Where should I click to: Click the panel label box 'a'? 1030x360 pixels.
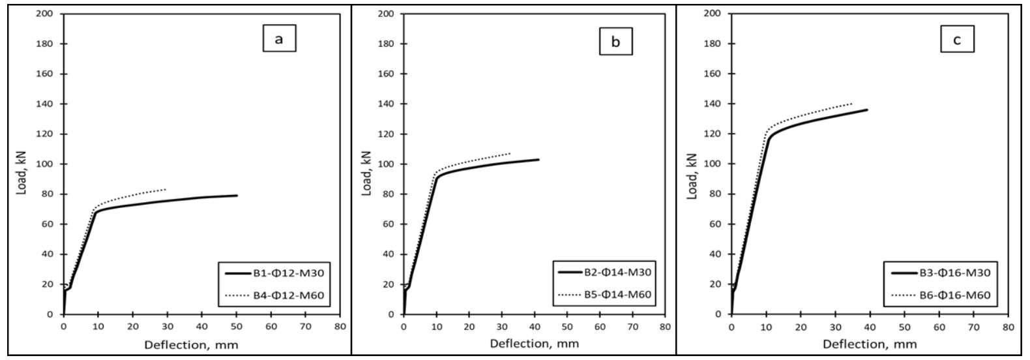coord(279,39)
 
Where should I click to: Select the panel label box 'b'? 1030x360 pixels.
coord(615,42)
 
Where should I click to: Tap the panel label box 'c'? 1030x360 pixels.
coord(957,40)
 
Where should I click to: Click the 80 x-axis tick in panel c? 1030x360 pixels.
coord(1008,326)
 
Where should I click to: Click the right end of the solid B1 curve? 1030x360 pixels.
coord(237,195)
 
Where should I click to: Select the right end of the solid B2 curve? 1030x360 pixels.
coord(538,159)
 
